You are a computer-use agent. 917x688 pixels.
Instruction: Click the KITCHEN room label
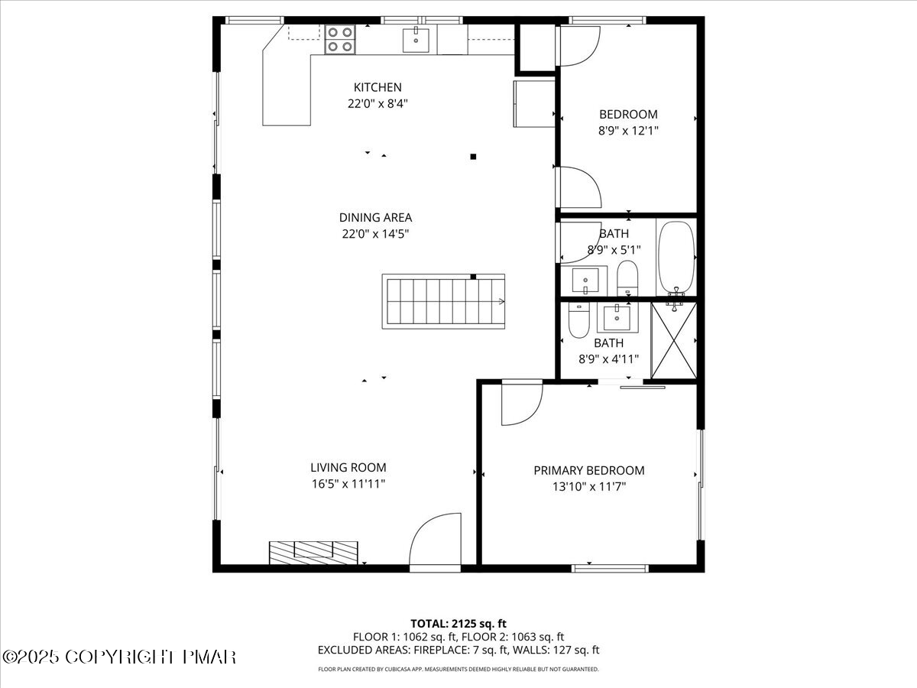(377, 87)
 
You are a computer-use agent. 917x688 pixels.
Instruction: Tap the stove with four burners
(340, 39)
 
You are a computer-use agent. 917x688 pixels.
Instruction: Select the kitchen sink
(416, 39)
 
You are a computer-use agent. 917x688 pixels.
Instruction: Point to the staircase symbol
(443, 301)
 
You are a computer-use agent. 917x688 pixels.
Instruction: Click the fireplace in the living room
(313, 552)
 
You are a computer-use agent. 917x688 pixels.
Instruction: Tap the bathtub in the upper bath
(676, 257)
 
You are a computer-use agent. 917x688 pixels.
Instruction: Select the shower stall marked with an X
(673, 340)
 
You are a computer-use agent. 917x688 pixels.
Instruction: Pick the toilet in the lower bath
(578, 323)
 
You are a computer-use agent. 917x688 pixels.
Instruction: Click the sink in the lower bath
(616, 317)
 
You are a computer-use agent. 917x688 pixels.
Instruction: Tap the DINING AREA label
(376, 218)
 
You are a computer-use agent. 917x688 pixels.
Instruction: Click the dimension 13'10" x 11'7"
(588, 486)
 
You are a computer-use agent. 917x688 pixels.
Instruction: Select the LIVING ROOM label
(348, 467)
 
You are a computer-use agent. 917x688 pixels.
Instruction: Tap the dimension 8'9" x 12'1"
(628, 131)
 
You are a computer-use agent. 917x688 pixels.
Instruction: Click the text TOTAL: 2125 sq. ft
(458, 623)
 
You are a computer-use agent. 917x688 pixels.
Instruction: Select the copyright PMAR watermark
(118, 657)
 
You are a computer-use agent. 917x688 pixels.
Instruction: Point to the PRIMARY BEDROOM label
(588, 470)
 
